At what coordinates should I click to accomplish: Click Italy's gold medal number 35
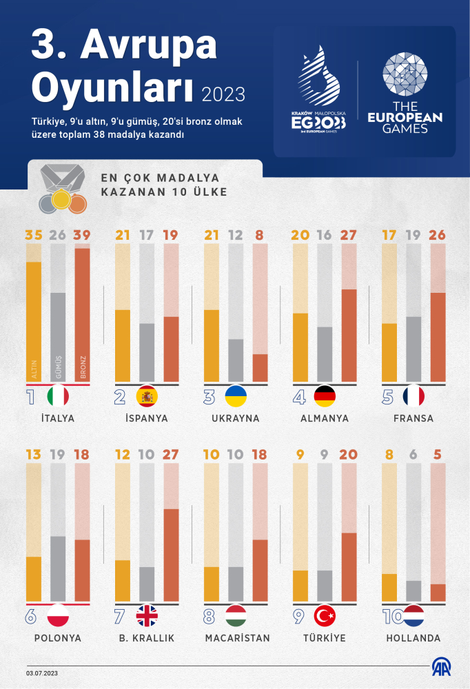tap(33, 236)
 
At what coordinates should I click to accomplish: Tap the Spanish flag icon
tap(147, 396)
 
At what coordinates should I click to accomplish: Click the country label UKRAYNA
tap(236, 418)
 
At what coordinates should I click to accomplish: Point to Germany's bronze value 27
tap(349, 236)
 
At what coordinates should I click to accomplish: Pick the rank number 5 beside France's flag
tap(387, 396)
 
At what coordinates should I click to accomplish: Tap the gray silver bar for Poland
tap(58, 568)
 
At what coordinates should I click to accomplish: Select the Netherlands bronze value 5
tap(438, 455)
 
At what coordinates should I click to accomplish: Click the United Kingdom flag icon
tap(147, 615)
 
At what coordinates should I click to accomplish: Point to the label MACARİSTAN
tap(237, 638)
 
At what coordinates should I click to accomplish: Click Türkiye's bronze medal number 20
tap(349, 455)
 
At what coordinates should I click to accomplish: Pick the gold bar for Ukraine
tap(211, 345)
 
